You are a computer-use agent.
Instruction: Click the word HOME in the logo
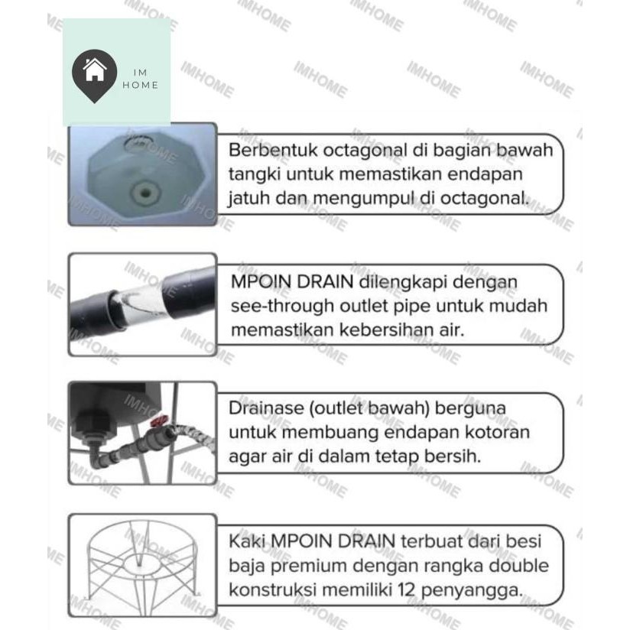click(x=140, y=85)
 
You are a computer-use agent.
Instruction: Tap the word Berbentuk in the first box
click(x=266, y=150)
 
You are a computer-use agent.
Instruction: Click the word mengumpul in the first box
click(x=363, y=199)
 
